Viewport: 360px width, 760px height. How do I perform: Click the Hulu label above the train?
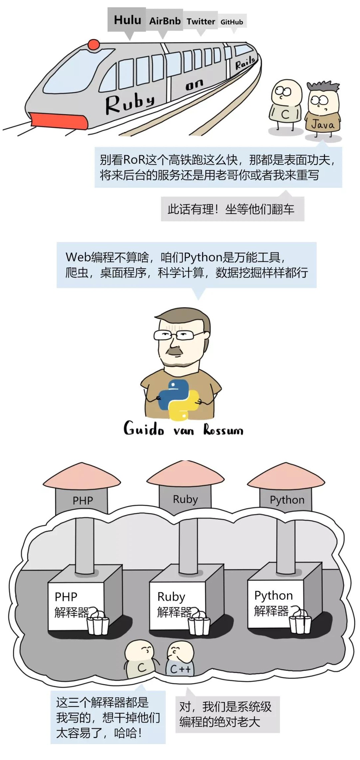coord(127,20)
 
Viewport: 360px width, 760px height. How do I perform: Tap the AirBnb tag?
coord(165,21)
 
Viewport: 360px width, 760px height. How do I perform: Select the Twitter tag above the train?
coord(201,22)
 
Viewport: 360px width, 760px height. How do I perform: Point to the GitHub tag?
coord(232,22)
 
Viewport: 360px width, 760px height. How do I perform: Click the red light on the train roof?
coord(94,45)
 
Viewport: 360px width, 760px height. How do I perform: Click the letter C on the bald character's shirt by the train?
coord(285,114)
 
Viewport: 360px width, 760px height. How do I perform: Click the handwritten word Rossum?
coord(223,430)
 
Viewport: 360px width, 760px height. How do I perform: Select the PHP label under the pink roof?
coord(83,501)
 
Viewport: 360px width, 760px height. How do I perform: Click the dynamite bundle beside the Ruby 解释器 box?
coord(199,624)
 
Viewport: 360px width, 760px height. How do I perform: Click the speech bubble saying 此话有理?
coord(232,209)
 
